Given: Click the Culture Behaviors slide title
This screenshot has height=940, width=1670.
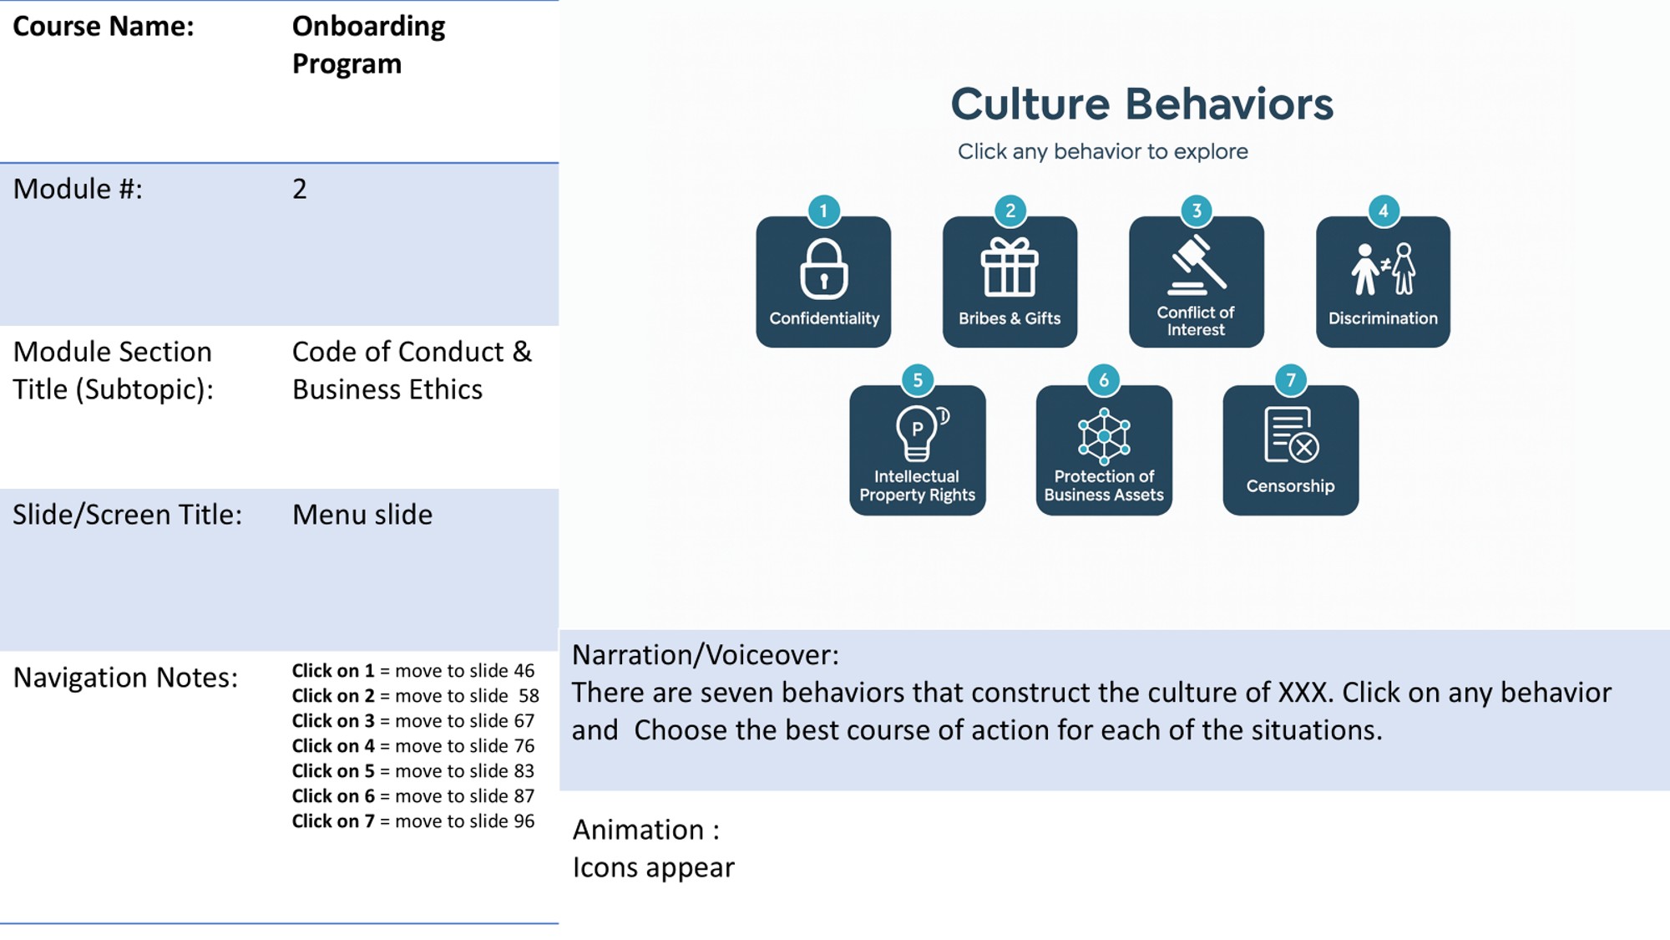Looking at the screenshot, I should point(1141,104).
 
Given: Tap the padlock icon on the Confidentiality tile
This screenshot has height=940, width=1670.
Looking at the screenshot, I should point(824,269).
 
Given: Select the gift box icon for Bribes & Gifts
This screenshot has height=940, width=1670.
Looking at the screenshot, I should point(1010,267).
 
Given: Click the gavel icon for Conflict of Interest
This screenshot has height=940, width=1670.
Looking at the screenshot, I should point(1197,265).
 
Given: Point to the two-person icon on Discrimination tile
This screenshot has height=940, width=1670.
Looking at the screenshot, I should point(1383,269).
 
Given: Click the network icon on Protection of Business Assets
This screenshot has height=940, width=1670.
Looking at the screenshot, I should point(1104,436).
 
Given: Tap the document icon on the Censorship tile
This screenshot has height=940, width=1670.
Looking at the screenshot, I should point(1291,435).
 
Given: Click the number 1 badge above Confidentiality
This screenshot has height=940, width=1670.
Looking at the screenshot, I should point(824,211).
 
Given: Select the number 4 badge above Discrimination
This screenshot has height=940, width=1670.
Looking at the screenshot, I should point(1384,211).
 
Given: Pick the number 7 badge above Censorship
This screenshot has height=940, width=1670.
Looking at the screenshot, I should point(1291,380).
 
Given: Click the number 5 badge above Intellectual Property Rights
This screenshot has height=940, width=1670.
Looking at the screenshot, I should point(918,380).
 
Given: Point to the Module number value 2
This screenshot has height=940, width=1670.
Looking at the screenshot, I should point(300,189).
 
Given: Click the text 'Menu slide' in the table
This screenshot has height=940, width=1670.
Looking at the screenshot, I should point(362,515).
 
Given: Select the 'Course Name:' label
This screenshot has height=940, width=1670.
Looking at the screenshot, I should point(104,27).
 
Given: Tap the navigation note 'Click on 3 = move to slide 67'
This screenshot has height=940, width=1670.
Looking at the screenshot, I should point(412,721).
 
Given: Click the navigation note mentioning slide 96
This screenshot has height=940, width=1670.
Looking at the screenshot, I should point(412,821).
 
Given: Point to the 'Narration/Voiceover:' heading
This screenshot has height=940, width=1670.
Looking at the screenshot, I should point(706,655).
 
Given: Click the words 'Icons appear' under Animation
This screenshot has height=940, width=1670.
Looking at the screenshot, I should point(653,868).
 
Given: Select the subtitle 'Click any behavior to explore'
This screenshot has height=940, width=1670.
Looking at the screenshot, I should point(1102,152).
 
